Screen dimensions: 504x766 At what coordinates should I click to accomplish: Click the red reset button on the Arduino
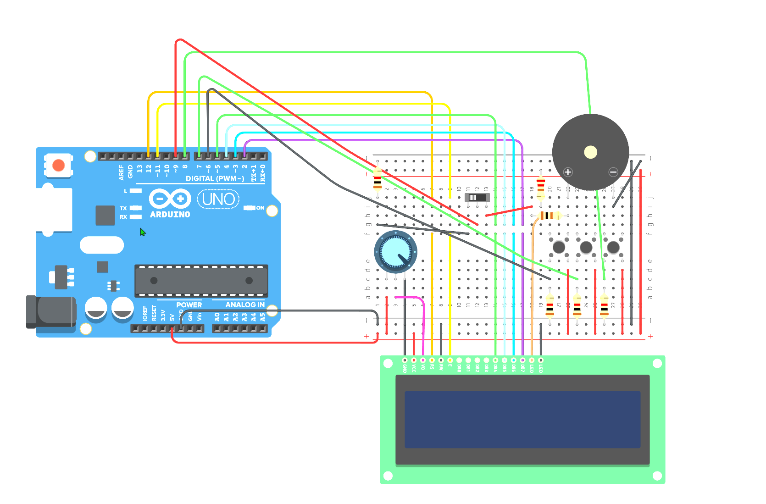[58, 165]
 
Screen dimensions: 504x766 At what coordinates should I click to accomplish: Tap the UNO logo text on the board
[218, 199]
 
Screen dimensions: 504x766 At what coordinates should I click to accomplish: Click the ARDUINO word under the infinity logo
[170, 214]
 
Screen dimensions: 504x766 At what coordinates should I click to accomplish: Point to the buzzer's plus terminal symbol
[568, 172]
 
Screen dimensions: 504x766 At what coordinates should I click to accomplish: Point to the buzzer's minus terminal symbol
[613, 172]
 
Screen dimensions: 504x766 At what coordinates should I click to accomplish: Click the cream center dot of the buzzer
[590, 152]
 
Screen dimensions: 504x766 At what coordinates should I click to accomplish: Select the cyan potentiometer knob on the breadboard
[395, 251]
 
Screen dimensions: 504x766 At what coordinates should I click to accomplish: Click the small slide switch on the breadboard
[477, 197]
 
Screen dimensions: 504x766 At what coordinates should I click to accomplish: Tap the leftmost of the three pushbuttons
[559, 247]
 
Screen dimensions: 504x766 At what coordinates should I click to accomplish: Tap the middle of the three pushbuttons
[586, 247]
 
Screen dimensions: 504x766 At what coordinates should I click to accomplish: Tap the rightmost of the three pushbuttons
[613, 247]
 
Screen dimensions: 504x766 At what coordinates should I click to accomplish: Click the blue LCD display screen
[522, 419]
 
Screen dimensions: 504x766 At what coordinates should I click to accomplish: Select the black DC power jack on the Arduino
[51, 312]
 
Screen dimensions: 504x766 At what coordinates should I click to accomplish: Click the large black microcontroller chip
[201, 280]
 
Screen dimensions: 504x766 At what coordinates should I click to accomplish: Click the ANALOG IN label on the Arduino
[244, 305]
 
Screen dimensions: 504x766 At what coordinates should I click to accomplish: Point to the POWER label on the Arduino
[189, 305]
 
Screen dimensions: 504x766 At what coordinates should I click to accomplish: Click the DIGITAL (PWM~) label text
[215, 178]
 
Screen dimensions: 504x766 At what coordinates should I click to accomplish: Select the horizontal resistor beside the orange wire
[548, 215]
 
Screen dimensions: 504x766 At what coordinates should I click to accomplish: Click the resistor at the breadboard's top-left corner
[377, 179]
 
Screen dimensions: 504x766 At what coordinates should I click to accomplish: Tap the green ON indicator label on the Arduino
[260, 208]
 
